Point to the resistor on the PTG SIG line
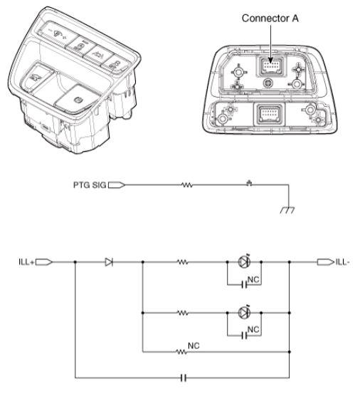188,184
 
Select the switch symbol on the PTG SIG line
248,183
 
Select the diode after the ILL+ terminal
109,262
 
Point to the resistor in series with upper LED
184,262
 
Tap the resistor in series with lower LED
184,313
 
